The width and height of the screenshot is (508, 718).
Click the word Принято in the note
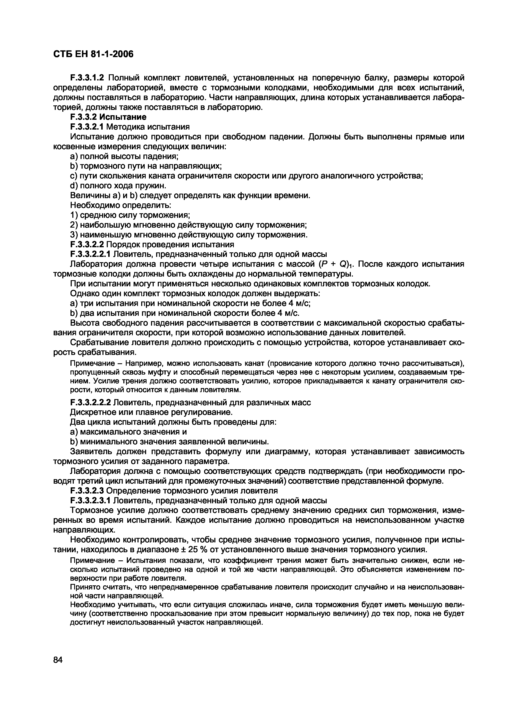[83, 587]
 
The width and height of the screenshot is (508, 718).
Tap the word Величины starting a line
[90, 195]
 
